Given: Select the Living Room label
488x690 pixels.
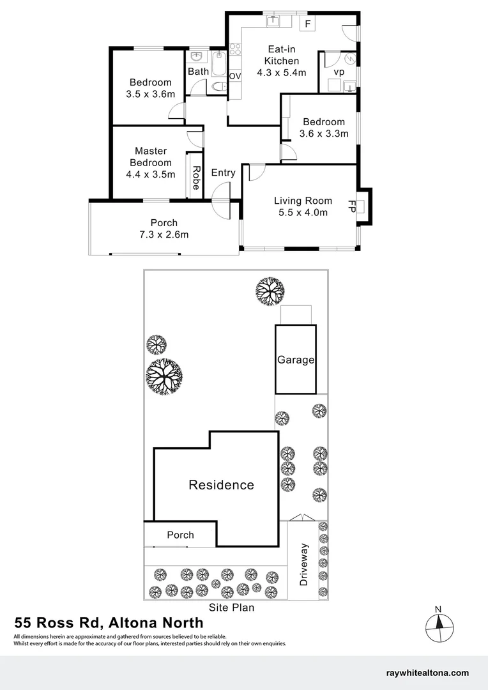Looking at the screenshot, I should pos(303,201).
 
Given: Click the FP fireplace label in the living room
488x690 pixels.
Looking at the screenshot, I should pos(351,206).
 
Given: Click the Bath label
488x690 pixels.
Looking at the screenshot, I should pos(198,72).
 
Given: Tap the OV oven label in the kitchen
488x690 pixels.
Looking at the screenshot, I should pos(234,76).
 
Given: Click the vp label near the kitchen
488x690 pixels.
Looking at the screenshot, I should pos(339,72).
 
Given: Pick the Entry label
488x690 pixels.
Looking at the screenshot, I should pos(223,172).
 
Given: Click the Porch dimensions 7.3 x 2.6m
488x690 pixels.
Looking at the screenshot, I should pos(164,234).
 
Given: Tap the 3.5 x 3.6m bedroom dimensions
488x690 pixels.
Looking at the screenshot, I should pos(151,94).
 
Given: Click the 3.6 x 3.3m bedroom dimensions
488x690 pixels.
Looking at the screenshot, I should pos(324,134).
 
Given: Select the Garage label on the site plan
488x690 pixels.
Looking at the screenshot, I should pos(296,360).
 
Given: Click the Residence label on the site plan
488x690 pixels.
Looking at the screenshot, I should pos(221,485).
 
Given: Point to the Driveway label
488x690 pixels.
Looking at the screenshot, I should pos(304,565).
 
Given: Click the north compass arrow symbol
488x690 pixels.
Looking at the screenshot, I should pos(438,623).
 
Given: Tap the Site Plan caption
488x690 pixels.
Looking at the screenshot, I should pos(232,608).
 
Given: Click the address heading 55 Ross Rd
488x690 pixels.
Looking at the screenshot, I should pos(57,623).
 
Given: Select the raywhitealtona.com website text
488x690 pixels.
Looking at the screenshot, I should pos(427,673).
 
